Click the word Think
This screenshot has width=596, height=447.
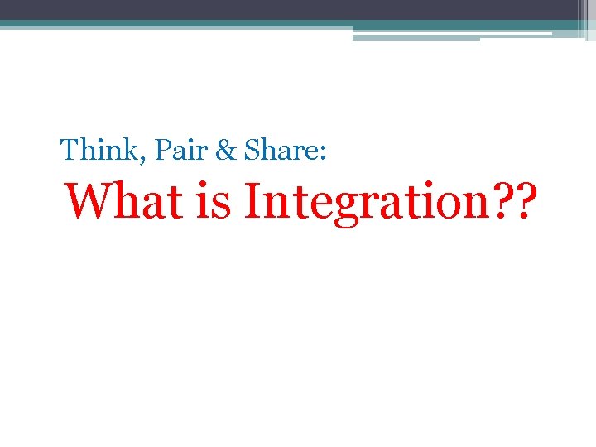tap(92, 151)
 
